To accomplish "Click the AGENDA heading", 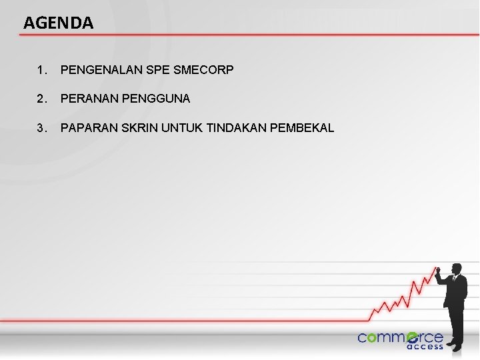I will pyautogui.click(x=59, y=23).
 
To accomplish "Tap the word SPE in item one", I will pyautogui.click(x=153, y=69).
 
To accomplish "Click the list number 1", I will pyautogui.click(x=42, y=69).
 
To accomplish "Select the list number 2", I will pyautogui.click(x=42, y=99).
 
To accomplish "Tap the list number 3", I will pyautogui.click(x=42, y=128).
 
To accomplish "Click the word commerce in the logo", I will pyautogui.click(x=400, y=337).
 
